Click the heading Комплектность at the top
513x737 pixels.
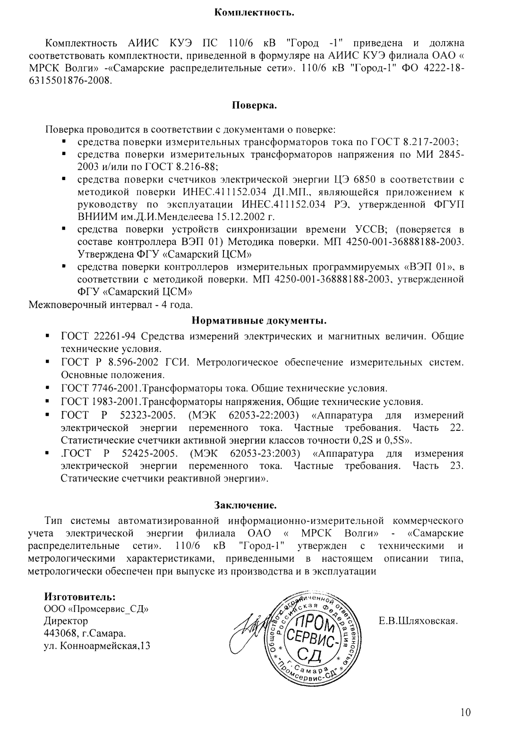coord(255,11)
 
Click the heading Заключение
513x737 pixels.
coord(245,506)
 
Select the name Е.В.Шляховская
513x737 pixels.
coord(419,621)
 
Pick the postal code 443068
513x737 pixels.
coord(59,633)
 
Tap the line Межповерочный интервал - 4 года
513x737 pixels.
coord(111,304)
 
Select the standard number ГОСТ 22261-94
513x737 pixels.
coord(99,336)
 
